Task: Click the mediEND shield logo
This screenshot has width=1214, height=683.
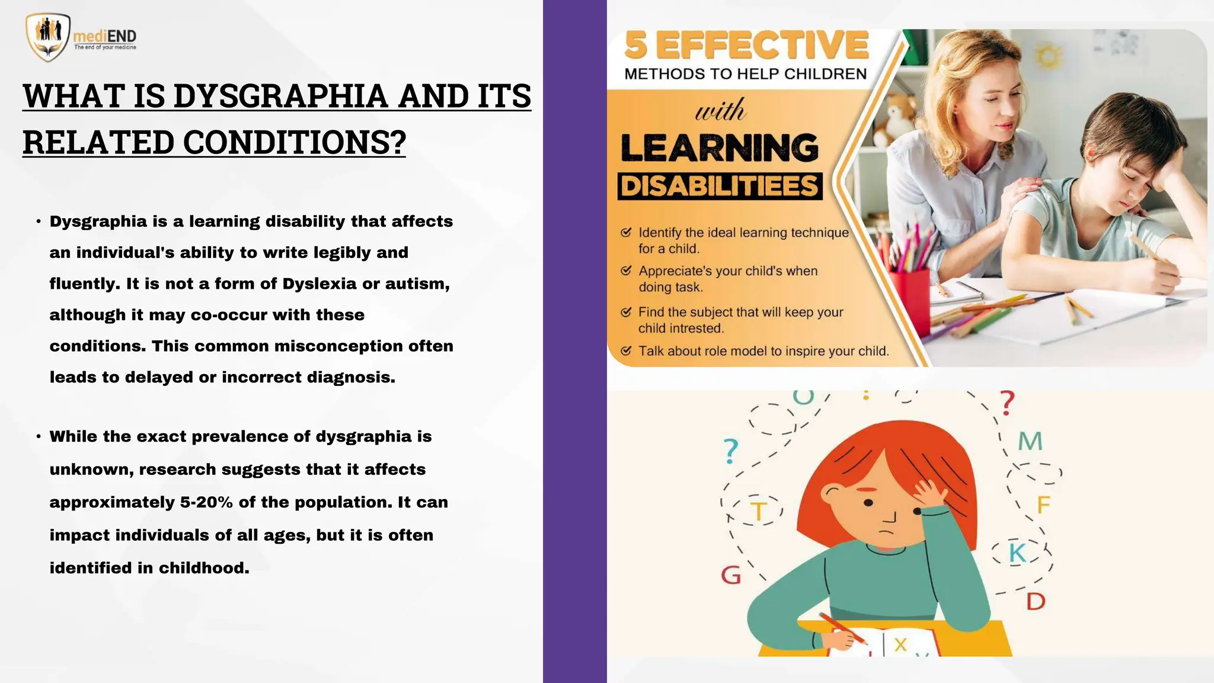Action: coord(47,37)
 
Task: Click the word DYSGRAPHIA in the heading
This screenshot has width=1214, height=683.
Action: coord(280,96)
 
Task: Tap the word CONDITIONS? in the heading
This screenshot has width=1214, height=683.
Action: coord(294,142)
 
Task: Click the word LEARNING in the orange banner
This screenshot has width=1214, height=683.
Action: coord(720,148)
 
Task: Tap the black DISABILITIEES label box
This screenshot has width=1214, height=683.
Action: coord(720,186)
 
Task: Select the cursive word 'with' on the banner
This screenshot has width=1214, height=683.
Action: coord(720,110)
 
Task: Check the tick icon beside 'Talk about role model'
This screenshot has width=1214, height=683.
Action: coord(626,350)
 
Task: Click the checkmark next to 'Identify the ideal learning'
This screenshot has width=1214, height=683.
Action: coord(626,232)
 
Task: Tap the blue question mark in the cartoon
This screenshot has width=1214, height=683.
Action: coord(731,451)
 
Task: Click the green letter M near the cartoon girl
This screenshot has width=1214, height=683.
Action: coord(1030,442)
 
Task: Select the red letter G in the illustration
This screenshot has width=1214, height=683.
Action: coord(731,575)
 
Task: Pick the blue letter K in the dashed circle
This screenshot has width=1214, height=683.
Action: coord(1018,553)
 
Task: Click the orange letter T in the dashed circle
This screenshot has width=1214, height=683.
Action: coord(759,511)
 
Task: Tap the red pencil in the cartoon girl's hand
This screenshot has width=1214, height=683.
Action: coord(842,629)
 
